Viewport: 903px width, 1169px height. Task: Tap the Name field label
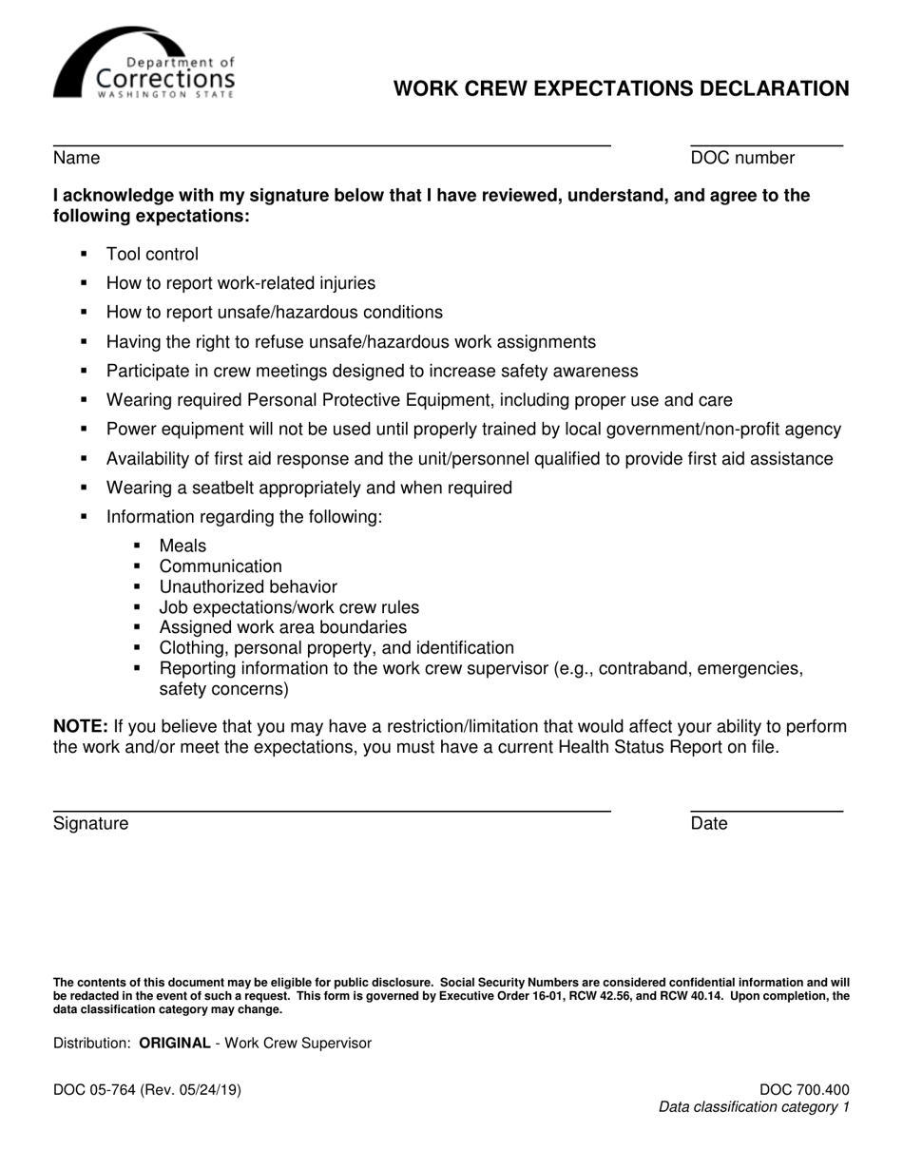pos(76,158)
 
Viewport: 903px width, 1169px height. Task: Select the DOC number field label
pos(742,158)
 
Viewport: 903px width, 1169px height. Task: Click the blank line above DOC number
pos(766,144)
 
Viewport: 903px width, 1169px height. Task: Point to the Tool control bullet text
pos(152,254)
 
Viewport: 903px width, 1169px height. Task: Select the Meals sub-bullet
pos(183,546)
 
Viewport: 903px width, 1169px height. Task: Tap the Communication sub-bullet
pos(221,566)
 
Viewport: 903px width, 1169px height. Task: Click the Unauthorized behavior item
pos(248,587)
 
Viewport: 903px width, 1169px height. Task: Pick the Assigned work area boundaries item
pos(283,627)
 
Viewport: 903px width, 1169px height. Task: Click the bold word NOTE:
pos(81,726)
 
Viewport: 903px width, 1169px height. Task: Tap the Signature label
pos(90,823)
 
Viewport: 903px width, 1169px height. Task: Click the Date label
pos(709,823)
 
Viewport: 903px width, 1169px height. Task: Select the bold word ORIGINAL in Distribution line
pos(175,1043)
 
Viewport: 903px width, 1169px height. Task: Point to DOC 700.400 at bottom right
pos(804,1090)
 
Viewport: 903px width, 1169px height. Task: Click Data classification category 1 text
pos(754,1107)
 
